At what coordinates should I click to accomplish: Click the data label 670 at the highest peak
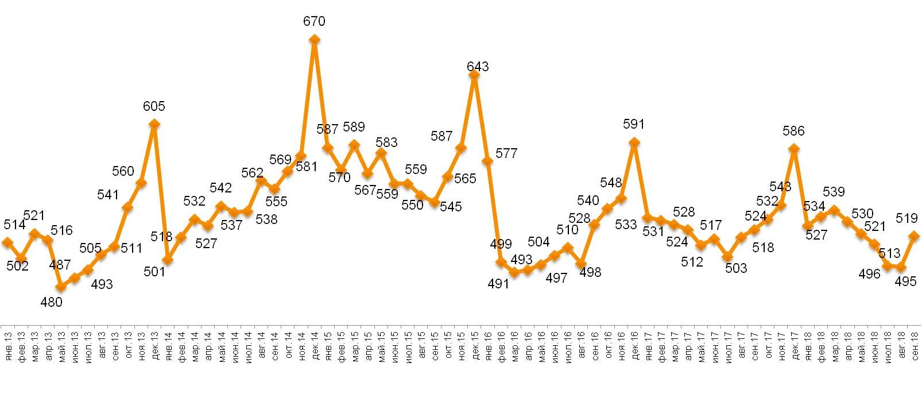[314, 22]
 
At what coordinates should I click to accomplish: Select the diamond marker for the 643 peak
[474, 75]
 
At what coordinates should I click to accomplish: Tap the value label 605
[154, 106]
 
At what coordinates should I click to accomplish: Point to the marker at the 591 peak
[634, 142]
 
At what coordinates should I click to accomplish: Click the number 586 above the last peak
[794, 131]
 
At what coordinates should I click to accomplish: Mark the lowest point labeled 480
[61, 287]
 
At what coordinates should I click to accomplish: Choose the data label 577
[507, 153]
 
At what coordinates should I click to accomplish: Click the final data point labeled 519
[915, 236]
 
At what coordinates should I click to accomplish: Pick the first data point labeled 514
[7, 242]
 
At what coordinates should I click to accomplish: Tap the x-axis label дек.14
[315, 343]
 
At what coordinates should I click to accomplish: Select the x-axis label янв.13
[8, 343]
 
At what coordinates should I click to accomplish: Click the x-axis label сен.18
[915, 343]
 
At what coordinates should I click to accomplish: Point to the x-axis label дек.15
[475, 343]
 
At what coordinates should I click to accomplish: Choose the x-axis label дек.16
[635, 343]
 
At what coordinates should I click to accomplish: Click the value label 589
[354, 127]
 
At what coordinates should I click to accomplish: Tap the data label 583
[386, 142]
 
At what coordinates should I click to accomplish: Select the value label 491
[498, 283]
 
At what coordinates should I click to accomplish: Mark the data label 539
[834, 192]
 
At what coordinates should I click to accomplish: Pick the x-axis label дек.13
[154, 343]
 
